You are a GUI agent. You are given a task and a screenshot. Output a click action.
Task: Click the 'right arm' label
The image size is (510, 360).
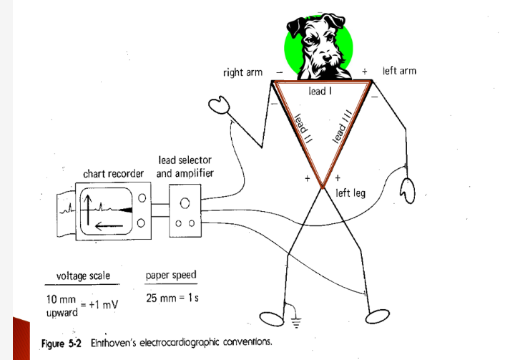point(242,72)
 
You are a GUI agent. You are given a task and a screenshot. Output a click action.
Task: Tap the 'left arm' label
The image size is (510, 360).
point(399,71)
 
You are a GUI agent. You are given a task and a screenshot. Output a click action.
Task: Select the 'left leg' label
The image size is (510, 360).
point(350,192)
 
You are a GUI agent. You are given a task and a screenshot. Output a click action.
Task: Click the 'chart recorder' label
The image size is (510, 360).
point(114,174)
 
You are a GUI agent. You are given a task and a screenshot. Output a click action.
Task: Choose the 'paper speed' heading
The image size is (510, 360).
point(171,276)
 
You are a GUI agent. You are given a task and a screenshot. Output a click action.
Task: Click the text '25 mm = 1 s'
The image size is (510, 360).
point(173,298)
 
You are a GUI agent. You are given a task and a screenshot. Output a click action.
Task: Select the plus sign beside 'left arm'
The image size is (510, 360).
point(365,72)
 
